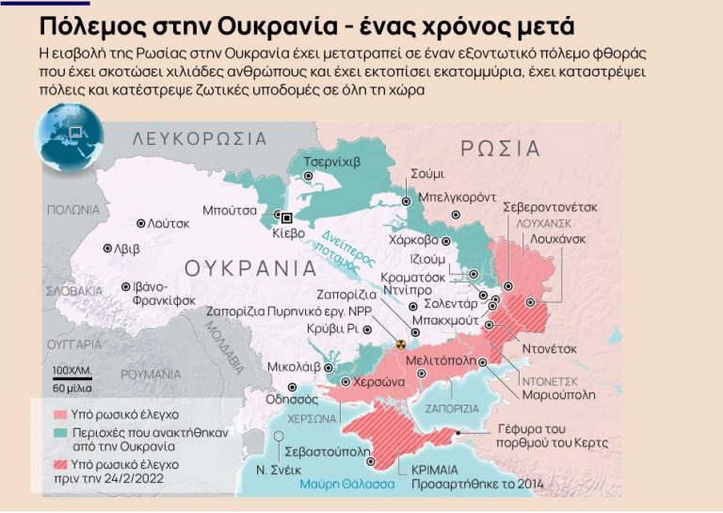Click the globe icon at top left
(x=68, y=136)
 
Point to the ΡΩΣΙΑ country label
(x=500, y=149)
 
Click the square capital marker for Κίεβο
(x=276, y=216)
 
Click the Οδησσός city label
(x=294, y=398)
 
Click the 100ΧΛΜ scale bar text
(x=72, y=370)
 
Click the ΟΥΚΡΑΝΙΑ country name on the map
(x=249, y=267)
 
